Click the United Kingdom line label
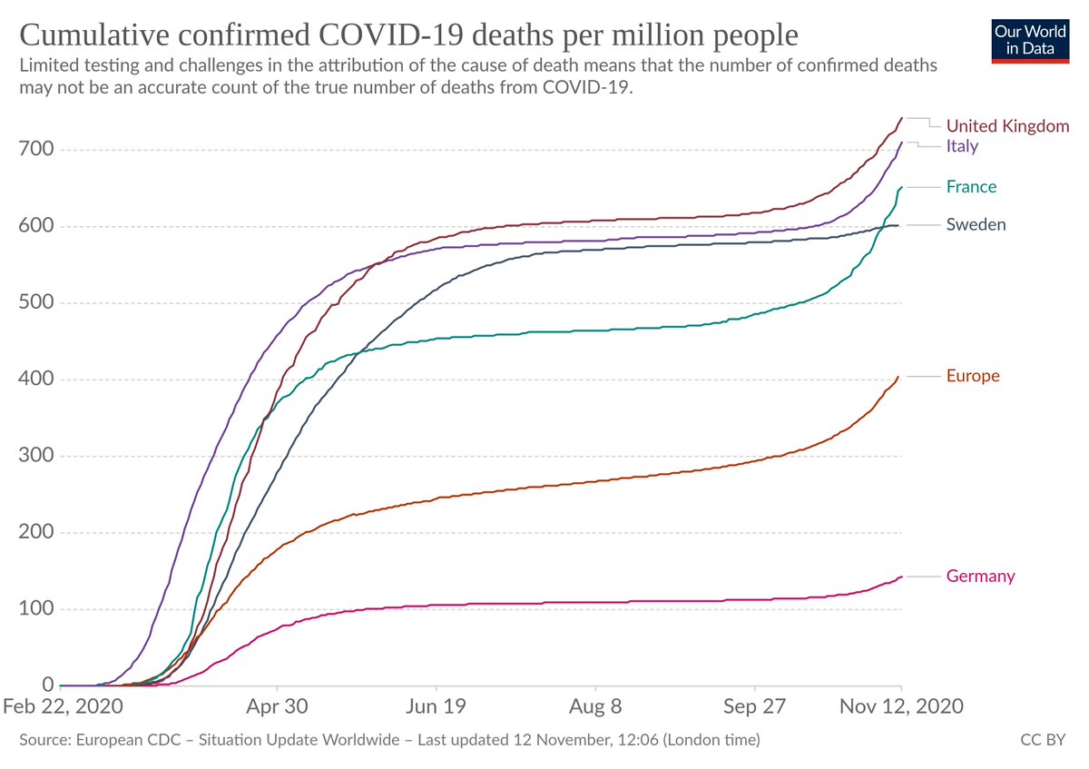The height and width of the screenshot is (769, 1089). coord(1007,126)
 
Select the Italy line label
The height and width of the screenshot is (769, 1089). coord(962,146)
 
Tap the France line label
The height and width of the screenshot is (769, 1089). coord(971,187)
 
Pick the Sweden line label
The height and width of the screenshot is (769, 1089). coord(976,224)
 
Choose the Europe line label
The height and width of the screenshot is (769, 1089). coord(973,376)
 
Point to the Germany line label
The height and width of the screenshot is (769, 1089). coord(980,577)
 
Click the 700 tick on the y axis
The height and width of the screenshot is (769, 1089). coord(37,150)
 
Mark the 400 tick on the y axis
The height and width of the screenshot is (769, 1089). coord(37,380)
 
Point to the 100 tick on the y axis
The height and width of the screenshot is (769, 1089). coord(37,609)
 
